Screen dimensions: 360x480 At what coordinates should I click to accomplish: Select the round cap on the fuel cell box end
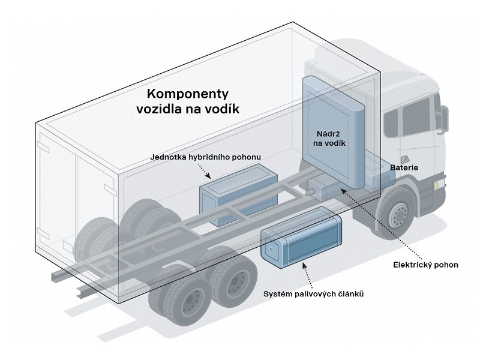(x=272, y=248)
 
